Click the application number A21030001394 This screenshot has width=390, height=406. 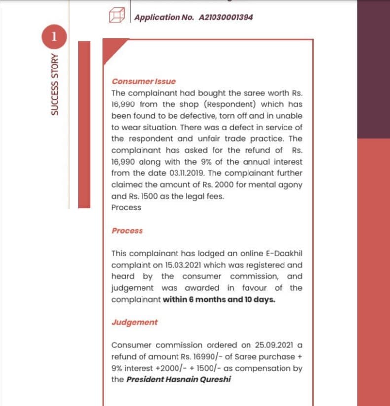(226, 17)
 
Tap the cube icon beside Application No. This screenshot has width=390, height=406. (116, 17)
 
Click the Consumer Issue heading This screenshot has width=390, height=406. (143, 81)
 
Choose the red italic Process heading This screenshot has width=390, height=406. (127, 231)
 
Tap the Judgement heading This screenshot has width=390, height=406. (135, 322)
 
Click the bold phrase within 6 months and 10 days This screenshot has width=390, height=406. (219, 300)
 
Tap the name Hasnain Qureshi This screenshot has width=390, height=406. (203, 379)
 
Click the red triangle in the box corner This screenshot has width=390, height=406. (113, 49)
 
